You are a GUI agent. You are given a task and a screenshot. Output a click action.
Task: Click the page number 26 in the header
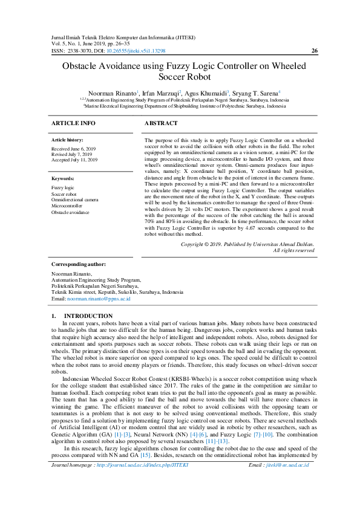point(314,51)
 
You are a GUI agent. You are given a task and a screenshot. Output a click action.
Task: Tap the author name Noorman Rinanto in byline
point(113,94)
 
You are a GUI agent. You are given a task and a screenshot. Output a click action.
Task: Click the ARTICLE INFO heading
point(73,123)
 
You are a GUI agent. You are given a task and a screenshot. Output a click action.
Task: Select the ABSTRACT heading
point(161,123)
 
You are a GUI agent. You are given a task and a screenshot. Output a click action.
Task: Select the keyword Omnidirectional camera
point(75,199)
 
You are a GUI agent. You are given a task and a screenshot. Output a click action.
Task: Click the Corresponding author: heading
point(79,265)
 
